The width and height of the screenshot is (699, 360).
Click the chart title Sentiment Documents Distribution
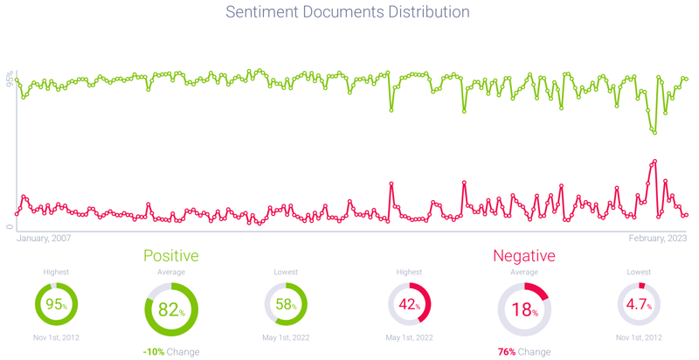tap(348, 12)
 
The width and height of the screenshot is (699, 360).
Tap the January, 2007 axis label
tap(44, 239)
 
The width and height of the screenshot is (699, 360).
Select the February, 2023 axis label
tap(657, 239)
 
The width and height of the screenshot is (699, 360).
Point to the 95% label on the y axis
tap(10, 80)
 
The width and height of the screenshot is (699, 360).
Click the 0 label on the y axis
tap(10, 227)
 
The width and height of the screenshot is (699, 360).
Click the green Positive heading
tap(171, 256)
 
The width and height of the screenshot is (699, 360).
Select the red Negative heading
tap(524, 256)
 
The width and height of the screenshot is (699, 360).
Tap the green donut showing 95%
tap(56, 306)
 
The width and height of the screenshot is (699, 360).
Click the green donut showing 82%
tap(171, 311)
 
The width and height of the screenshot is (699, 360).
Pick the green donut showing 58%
tap(286, 306)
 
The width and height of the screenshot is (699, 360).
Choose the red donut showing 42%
tap(409, 306)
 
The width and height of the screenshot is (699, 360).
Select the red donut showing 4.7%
tap(639, 306)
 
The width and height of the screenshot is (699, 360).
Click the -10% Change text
tap(171, 352)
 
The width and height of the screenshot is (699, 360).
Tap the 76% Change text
tap(524, 352)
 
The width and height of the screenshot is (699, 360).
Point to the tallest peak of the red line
tap(654, 161)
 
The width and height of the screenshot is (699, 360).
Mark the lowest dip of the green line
tap(653, 132)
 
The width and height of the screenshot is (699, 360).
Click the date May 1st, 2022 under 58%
tap(286, 337)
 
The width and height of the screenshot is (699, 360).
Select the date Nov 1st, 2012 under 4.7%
tap(639, 337)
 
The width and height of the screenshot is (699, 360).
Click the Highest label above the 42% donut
tap(409, 273)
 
